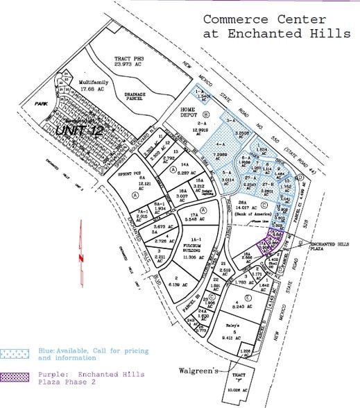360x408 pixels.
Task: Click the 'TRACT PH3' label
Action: [x=130, y=60]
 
